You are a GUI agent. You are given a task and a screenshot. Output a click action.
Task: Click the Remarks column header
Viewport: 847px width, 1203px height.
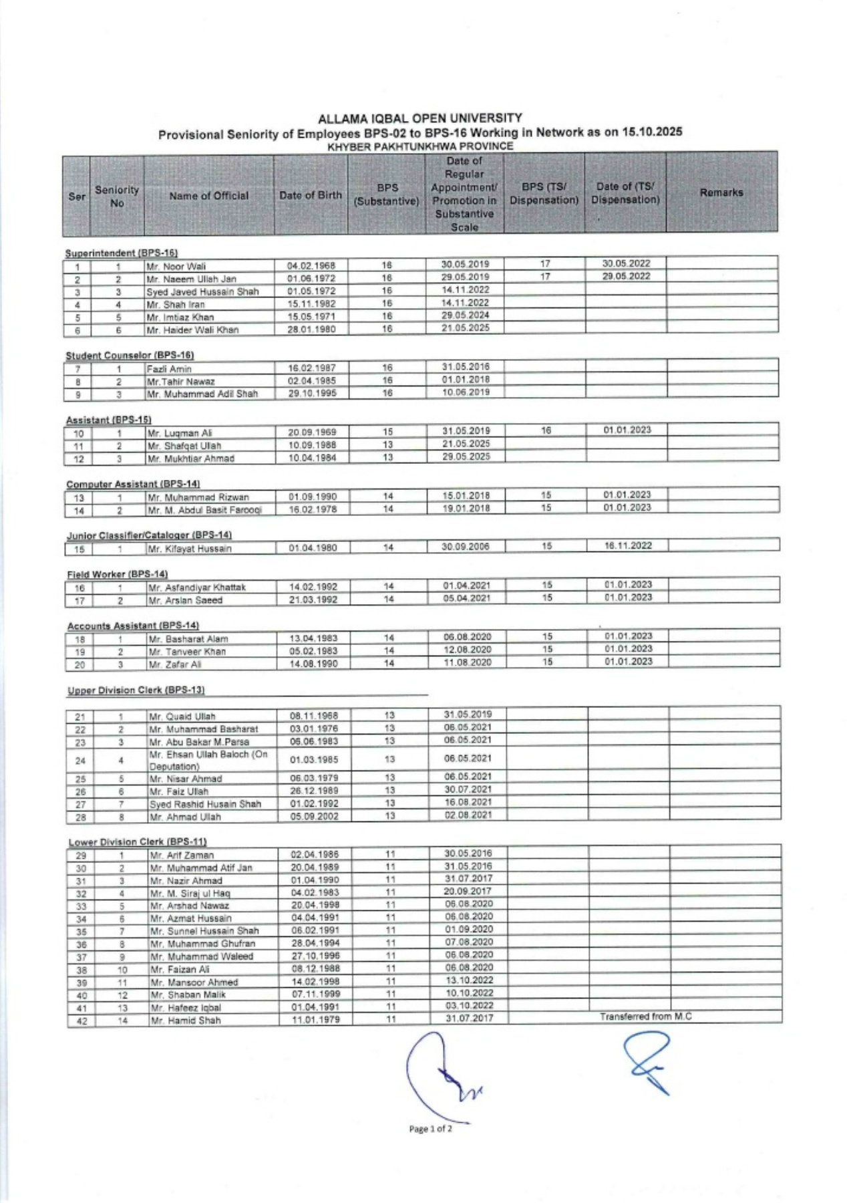coord(721,192)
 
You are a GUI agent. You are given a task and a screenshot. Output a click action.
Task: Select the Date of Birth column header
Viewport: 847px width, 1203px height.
coord(310,195)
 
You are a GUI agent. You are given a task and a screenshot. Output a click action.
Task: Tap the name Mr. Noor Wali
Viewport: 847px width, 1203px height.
coord(176,267)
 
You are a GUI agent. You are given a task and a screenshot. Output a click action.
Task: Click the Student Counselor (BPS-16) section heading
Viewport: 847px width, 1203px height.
coord(130,356)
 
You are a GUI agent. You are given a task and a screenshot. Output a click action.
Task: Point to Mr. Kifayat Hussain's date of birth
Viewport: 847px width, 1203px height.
coord(313,548)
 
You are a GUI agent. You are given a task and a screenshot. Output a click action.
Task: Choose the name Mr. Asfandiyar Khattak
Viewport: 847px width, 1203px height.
coord(197,587)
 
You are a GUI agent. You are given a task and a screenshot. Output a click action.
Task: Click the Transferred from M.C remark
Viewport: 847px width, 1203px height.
coord(645,1017)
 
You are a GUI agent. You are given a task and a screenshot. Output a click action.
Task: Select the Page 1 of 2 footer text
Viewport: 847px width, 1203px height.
coord(430,1129)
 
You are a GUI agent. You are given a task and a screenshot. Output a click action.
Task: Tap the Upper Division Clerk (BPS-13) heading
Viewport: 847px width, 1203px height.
coord(136,690)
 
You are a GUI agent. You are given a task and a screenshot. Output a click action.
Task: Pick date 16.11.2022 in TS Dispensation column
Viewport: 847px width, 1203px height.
coord(628,545)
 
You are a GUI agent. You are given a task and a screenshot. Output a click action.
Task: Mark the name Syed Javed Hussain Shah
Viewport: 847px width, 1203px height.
coord(202,292)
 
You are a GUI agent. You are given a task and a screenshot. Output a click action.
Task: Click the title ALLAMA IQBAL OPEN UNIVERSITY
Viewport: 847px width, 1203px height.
coord(419,118)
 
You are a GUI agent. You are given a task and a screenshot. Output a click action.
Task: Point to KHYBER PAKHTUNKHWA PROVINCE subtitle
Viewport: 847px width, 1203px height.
coord(420,146)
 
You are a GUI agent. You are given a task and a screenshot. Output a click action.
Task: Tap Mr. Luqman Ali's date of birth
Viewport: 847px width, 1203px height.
coord(312,432)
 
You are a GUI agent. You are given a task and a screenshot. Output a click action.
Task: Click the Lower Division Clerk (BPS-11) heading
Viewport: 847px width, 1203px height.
coord(138,842)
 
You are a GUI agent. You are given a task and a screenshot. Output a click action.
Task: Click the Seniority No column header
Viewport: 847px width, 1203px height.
coord(116,196)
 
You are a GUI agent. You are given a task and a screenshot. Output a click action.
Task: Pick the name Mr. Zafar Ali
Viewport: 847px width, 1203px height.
coord(174,664)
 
